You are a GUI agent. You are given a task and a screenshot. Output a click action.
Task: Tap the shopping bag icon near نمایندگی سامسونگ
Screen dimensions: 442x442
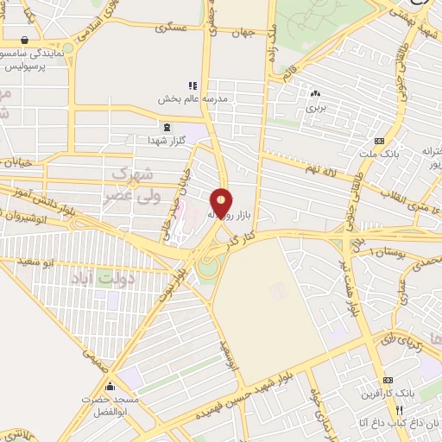(24, 40)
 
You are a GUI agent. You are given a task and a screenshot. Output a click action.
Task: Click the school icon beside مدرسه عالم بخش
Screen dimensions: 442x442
(193, 85)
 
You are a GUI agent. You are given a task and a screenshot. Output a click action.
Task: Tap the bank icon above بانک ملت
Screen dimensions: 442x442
(378, 142)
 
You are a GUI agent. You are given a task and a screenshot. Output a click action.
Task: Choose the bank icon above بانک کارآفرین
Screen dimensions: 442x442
(388, 381)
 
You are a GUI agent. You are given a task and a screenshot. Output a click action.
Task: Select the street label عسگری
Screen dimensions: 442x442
(171, 29)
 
